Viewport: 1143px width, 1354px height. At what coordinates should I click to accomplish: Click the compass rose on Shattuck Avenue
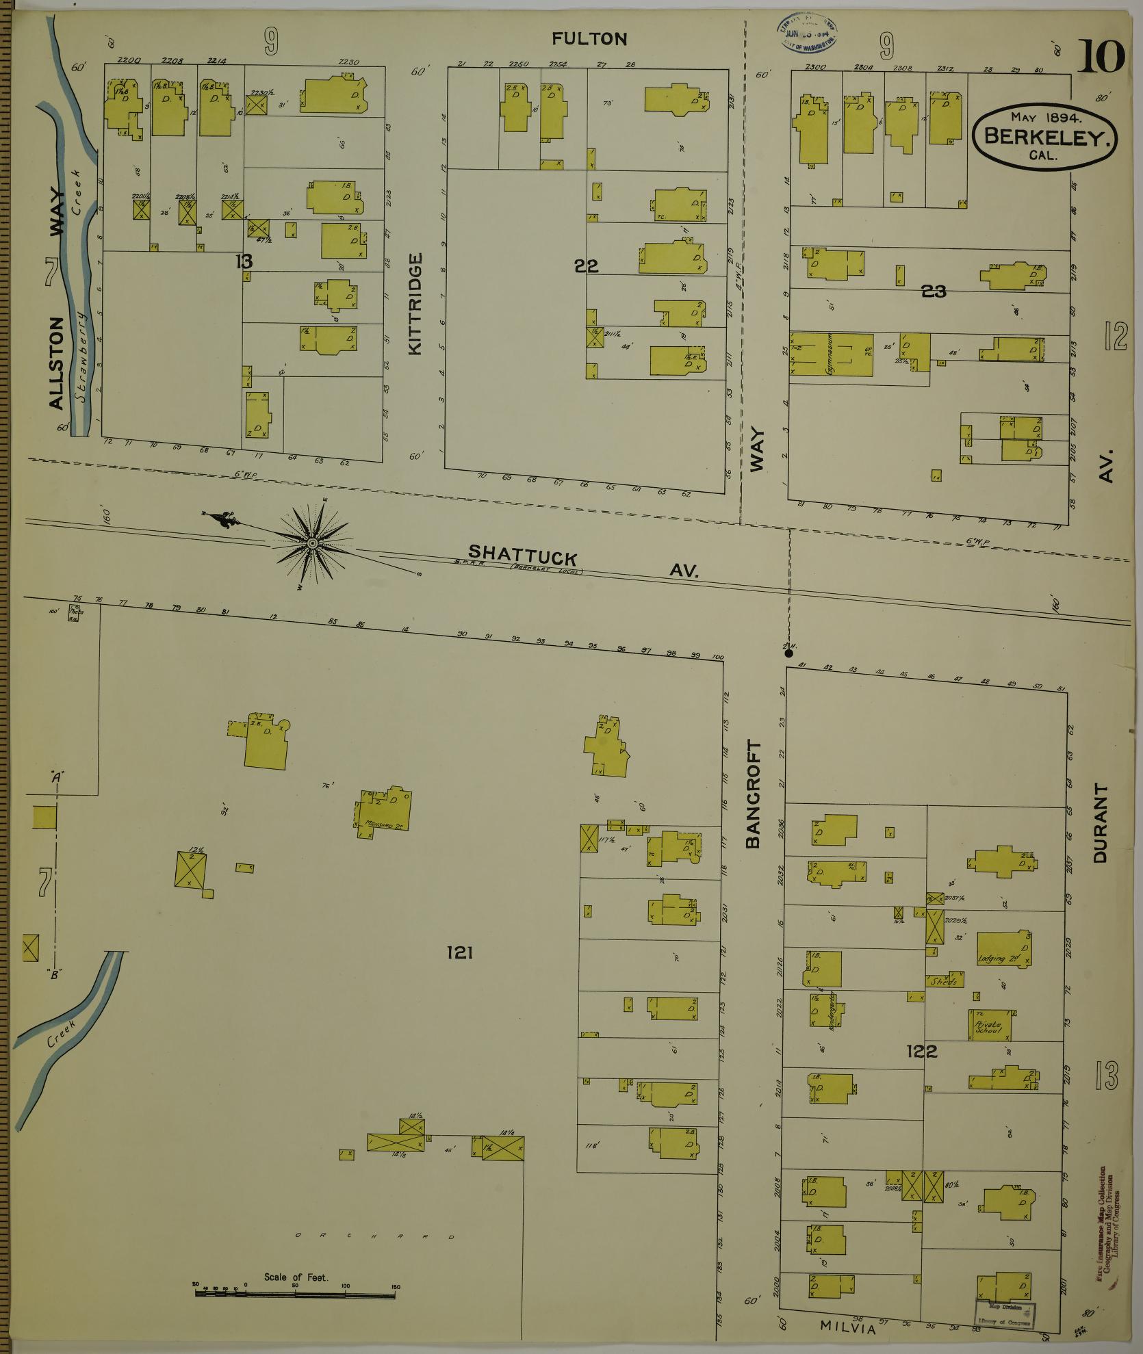pyautogui.click(x=312, y=543)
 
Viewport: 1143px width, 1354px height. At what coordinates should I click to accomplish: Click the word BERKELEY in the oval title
pyautogui.click(x=1045, y=136)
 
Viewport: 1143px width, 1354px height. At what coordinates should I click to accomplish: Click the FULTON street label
pyautogui.click(x=589, y=39)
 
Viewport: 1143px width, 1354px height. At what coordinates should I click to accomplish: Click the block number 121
pyautogui.click(x=459, y=952)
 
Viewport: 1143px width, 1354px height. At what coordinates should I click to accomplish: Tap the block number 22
pyautogui.click(x=587, y=266)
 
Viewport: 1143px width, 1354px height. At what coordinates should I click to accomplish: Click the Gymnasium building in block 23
pyautogui.click(x=832, y=354)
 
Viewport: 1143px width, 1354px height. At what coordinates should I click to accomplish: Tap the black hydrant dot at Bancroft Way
pyautogui.click(x=788, y=653)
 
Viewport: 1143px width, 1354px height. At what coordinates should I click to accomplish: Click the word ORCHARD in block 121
pyautogui.click(x=374, y=1237)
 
